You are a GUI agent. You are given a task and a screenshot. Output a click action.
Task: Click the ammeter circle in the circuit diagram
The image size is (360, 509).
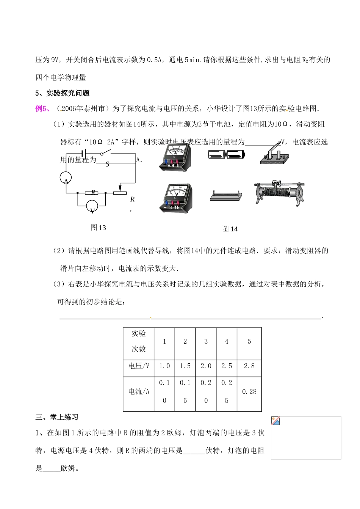coord(66,179)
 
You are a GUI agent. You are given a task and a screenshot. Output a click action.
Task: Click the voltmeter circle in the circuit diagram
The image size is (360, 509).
coord(92,206)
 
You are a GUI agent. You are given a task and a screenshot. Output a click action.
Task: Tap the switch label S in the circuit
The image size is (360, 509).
coord(107,164)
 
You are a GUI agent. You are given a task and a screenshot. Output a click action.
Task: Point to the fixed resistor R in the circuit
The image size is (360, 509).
coord(92,193)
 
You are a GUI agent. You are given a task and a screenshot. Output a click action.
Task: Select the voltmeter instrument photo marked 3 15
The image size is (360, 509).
coord(175,198)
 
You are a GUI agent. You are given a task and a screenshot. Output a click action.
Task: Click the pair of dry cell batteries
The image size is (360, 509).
coord(227,154)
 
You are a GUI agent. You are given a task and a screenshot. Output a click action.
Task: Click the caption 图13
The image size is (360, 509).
coord(98,228)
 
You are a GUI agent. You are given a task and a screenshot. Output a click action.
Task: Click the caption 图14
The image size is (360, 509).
coord(230,229)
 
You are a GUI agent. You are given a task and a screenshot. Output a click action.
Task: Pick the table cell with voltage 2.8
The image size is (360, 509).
coord(249,366)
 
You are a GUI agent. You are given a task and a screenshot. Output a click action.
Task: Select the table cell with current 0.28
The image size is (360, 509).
coord(249,392)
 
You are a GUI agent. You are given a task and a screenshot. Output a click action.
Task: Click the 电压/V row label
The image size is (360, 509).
coord(139,366)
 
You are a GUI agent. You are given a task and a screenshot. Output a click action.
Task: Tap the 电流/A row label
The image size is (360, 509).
coord(139,392)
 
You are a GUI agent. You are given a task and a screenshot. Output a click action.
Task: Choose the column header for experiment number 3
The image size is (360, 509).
coord(206,341)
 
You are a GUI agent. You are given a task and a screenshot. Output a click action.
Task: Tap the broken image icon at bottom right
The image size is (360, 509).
coord(275,421)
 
